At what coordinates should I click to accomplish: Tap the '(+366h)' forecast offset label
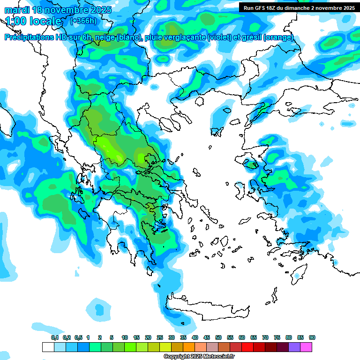coord(83,21)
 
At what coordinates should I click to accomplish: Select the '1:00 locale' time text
coord(33,22)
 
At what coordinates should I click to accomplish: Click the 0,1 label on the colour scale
coord(55,337)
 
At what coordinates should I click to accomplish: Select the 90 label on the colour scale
coord(312,337)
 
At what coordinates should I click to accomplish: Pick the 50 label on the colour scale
coord(218,337)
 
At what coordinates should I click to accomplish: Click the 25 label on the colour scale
coord(160,337)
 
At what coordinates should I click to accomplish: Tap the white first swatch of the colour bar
coord(48,347)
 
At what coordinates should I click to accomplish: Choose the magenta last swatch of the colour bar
coord(306,347)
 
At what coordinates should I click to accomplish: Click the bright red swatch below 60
coord(247,347)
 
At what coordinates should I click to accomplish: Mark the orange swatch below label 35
coord(177,347)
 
